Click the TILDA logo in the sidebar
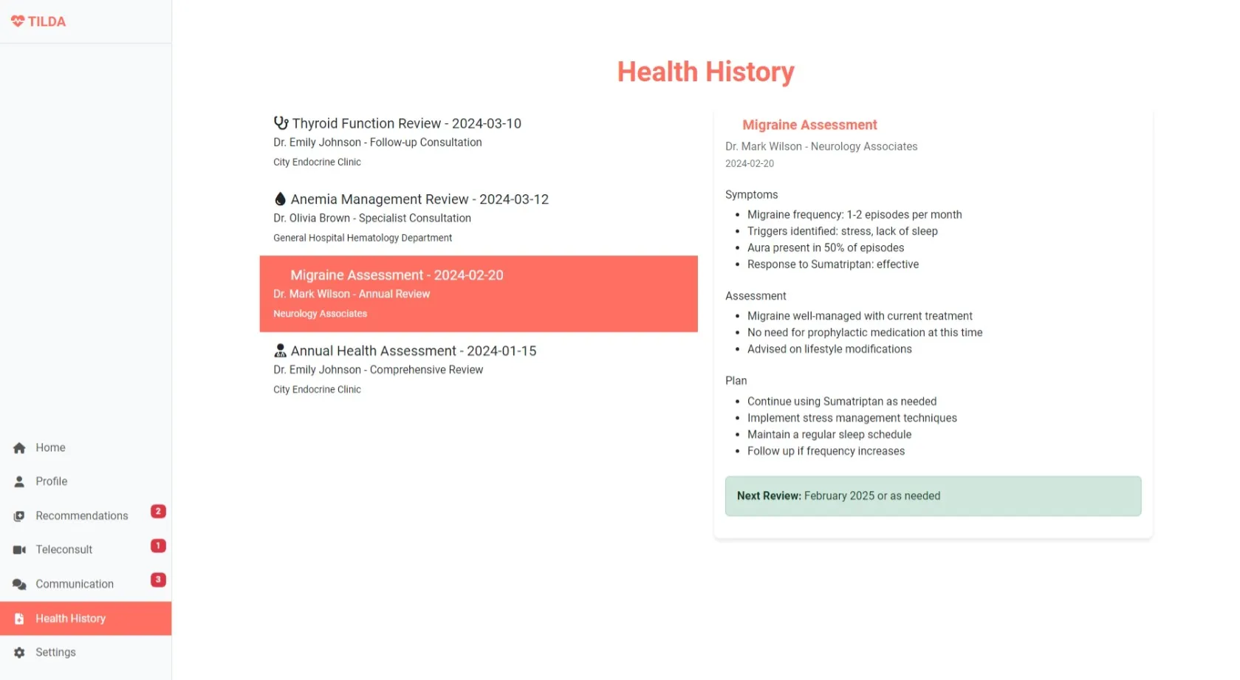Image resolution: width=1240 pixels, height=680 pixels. click(x=38, y=21)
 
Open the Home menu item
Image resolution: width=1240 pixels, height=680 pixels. click(x=50, y=447)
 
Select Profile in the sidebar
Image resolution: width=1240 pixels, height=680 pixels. click(x=51, y=481)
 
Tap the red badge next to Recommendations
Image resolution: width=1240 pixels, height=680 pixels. click(x=158, y=511)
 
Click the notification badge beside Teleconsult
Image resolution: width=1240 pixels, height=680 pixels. click(x=158, y=546)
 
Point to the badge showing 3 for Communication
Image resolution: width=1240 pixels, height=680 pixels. click(x=158, y=580)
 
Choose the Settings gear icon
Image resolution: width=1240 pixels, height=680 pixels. click(x=19, y=653)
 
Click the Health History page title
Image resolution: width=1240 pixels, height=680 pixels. click(x=705, y=72)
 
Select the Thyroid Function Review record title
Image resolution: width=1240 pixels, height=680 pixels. click(x=406, y=123)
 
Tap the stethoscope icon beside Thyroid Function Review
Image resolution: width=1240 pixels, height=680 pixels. click(x=281, y=123)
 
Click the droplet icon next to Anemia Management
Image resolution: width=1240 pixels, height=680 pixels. click(x=280, y=199)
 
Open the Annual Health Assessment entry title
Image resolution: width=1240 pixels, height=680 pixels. click(x=413, y=351)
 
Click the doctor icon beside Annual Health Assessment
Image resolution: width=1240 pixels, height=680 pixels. click(x=280, y=351)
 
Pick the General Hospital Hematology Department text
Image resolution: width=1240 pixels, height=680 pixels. click(x=363, y=238)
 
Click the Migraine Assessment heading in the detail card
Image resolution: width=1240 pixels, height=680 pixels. click(x=809, y=125)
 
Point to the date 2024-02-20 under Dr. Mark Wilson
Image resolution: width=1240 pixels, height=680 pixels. click(x=750, y=164)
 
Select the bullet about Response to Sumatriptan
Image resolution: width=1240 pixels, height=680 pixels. click(x=832, y=264)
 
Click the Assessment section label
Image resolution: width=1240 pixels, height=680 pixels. click(x=756, y=296)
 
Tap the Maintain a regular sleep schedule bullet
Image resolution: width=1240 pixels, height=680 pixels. click(x=829, y=435)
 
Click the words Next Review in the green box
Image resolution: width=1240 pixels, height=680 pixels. click(x=768, y=496)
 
